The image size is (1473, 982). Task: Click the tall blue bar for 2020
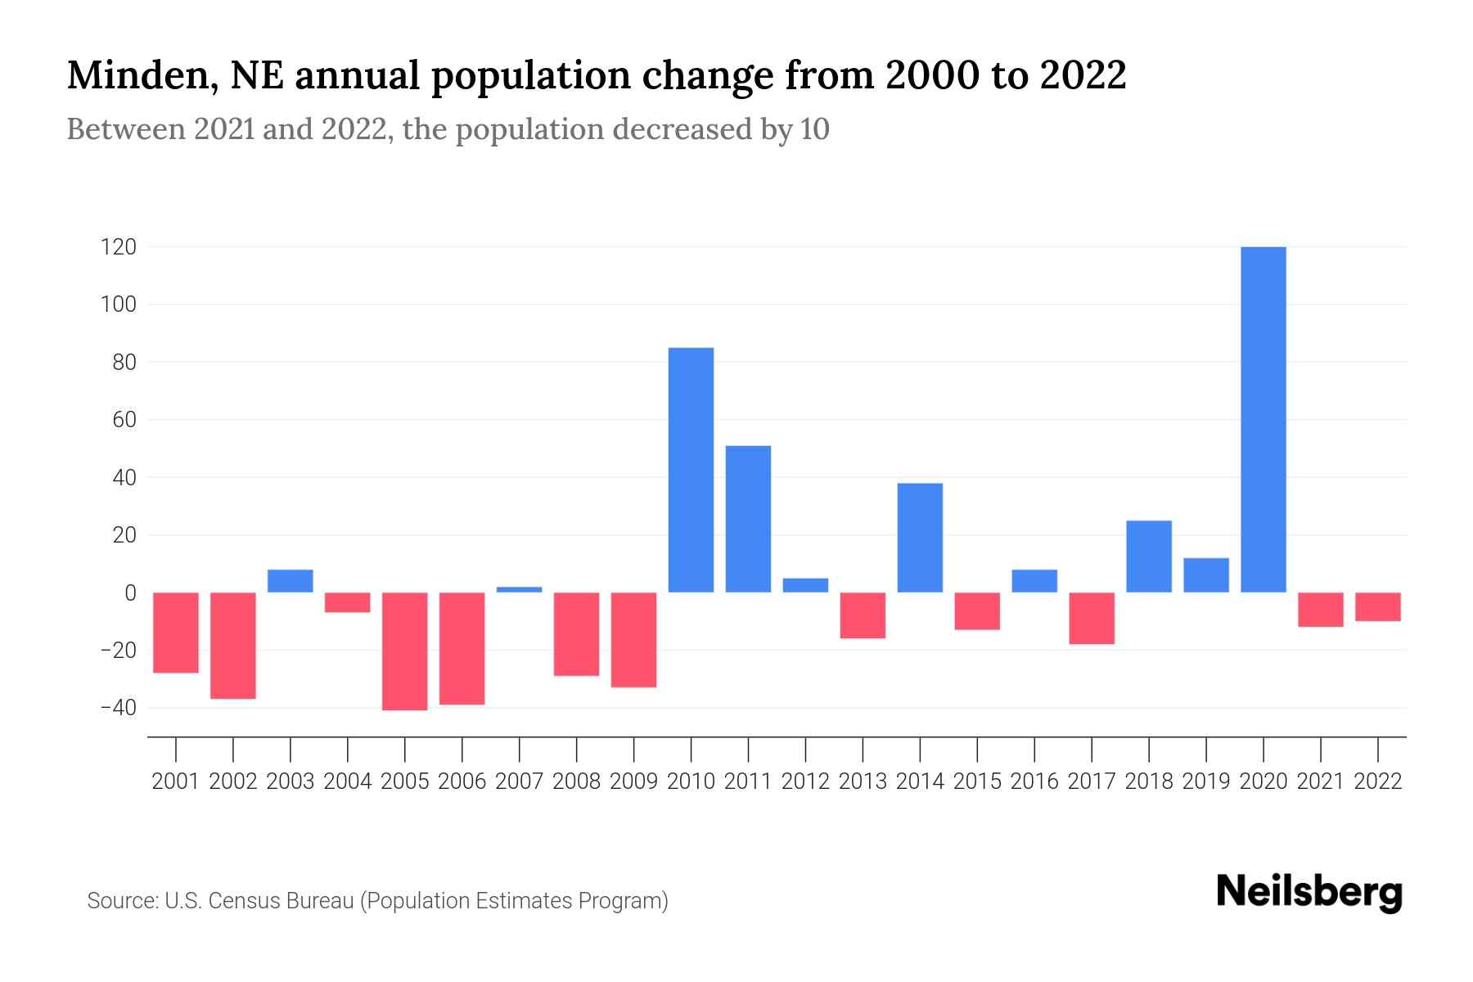1263,419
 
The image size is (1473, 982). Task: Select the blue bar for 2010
691,470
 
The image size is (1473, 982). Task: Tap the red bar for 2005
404,651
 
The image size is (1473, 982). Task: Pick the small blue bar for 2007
519,589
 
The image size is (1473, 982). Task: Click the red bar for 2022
1377,606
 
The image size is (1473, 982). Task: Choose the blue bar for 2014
920,538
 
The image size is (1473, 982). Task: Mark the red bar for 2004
347,602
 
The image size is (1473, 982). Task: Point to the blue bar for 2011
748,519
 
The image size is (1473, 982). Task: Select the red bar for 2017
1092,618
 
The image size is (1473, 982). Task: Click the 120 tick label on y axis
118,247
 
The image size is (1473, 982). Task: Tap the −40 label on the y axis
118,708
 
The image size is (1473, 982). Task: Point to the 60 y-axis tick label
124,420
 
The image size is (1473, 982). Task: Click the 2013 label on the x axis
863,782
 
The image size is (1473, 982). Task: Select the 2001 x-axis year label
176,782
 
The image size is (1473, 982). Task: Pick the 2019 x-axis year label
1205,782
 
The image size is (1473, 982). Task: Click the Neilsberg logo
1309,892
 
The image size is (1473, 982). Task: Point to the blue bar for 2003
291,581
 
